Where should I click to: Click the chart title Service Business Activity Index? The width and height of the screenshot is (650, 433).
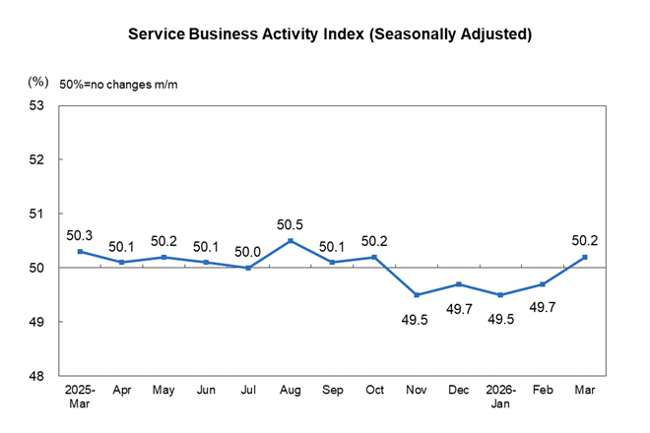(x=330, y=34)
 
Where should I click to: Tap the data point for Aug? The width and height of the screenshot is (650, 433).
(x=291, y=240)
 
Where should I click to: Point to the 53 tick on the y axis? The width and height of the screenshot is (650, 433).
(x=40, y=105)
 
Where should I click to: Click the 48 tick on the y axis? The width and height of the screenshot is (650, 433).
(x=40, y=376)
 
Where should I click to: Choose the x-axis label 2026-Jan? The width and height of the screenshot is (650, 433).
(x=502, y=399)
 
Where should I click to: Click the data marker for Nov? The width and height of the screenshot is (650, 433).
(x=417, y=295)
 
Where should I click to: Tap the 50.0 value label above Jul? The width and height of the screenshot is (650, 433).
(x=247, y=250)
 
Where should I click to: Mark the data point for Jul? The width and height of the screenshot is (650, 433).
(x=247, y=268)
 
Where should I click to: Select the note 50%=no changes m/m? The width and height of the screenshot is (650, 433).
(x=118, y=85)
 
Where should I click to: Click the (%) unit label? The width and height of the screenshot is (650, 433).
(x=38, y=81)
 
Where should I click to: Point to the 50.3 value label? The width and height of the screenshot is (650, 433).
(x=80, y=236)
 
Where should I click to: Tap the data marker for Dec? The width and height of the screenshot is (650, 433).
(x=460, y=284)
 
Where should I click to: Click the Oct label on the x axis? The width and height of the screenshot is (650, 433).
(x=374, y=392)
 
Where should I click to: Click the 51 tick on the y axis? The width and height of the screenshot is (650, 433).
(x=40, y=214)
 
